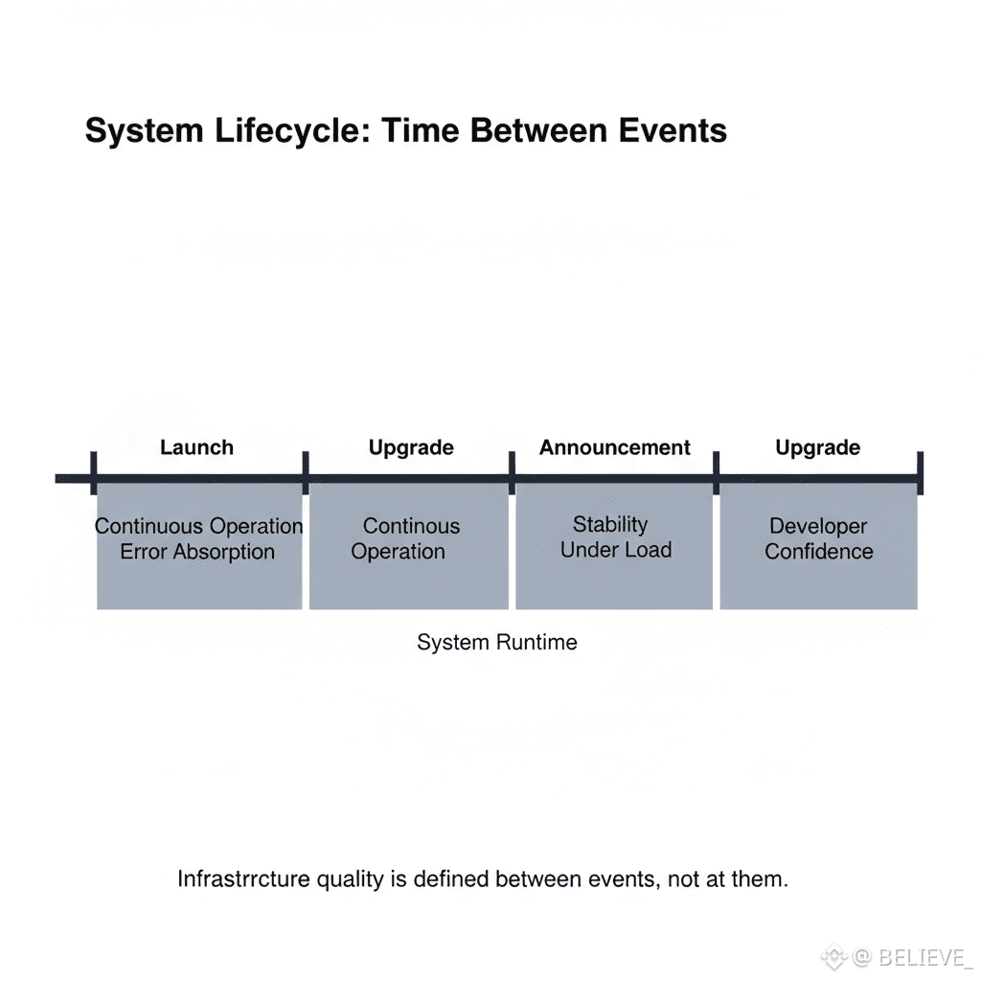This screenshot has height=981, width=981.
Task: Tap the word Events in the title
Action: pos(673,130)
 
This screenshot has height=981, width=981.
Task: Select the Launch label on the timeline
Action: pos(196,447)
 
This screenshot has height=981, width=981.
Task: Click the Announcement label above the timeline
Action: pos(614,447)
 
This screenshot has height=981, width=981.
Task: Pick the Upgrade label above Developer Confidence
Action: pos(817,448)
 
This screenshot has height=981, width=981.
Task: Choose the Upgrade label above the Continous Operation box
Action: pos(411,448)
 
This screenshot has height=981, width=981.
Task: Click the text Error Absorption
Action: pos(197,552)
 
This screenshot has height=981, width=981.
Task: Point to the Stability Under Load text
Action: pos(616,536)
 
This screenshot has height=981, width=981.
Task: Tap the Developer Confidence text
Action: pos(818,538)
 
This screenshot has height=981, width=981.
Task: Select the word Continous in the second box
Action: pos(411,526)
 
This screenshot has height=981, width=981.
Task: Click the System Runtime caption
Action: pos(497,642)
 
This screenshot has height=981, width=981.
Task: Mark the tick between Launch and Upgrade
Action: pos(306,473)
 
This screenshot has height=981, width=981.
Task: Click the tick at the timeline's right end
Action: pos(920,473)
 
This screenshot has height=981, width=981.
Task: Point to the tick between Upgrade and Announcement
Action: pos(512,473)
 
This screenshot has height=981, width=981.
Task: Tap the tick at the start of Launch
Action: pos(93,473)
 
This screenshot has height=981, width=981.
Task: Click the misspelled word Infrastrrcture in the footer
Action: pos(244,879)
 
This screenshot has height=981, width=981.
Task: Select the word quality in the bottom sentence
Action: pos(350,879)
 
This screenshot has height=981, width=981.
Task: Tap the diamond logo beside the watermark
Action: pos(833,957)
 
